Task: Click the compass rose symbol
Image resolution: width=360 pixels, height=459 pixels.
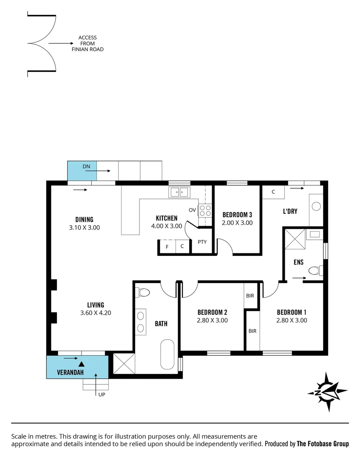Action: coord(328,391)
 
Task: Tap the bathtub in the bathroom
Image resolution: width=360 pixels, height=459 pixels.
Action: coord(167,354)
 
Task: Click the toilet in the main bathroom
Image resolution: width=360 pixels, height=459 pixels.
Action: coord(143,293)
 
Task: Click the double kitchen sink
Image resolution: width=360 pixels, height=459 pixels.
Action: coord(180,193)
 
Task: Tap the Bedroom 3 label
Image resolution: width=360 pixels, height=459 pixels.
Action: coord(237,214)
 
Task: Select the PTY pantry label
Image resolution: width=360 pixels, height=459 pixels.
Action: coord(202,242)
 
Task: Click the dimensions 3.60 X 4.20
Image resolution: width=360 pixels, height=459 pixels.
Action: coord(96,313)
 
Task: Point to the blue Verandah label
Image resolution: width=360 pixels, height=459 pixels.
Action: coord(70,373)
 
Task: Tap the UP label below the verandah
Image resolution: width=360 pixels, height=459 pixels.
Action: coord(102,395)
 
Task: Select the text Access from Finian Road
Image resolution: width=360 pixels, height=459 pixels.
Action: coord(88,43)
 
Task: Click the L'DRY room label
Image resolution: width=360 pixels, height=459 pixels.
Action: coord(290,211)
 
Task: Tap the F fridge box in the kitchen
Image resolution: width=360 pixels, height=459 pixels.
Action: coord(167,246)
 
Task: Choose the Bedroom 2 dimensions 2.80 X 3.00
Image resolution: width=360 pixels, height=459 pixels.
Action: coord(212,320)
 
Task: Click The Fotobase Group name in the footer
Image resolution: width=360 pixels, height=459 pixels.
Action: coord(323,444)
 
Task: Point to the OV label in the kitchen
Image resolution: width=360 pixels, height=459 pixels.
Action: coord(192,210)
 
